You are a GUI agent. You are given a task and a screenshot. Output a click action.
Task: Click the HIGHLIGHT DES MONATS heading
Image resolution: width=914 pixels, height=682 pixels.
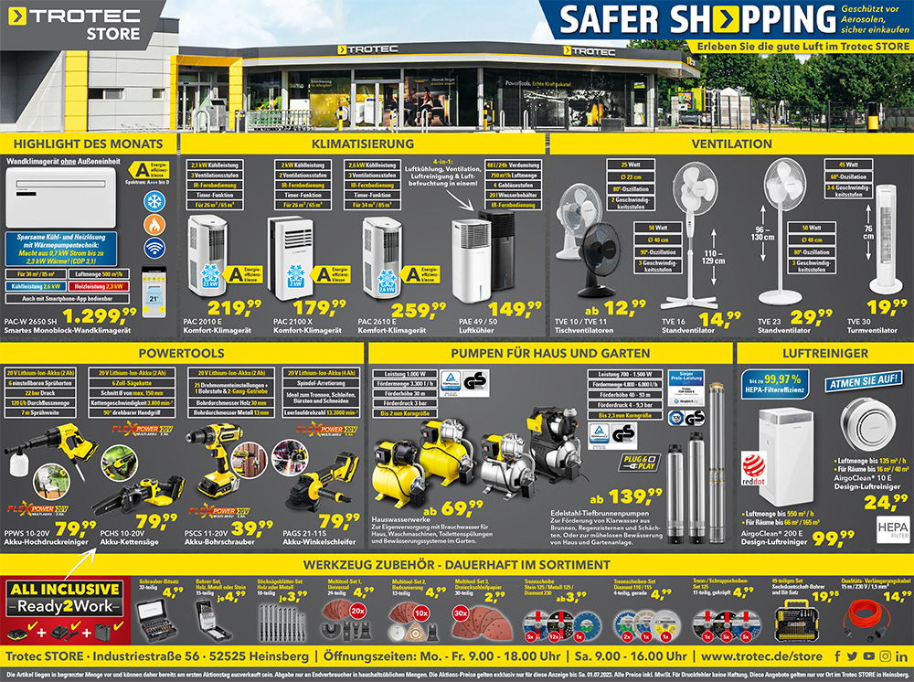(x=89, y=144)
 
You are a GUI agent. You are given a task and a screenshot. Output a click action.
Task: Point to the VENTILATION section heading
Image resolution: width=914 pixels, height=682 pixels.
(x=731, y=144)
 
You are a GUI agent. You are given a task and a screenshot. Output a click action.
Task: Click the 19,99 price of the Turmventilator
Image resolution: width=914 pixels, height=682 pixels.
(x=887, y=308)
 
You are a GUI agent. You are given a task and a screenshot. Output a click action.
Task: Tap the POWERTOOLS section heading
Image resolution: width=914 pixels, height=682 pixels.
(x=182, y=353)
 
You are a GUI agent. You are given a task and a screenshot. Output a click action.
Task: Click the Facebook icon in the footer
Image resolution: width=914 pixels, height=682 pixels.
(x=838, y=656)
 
